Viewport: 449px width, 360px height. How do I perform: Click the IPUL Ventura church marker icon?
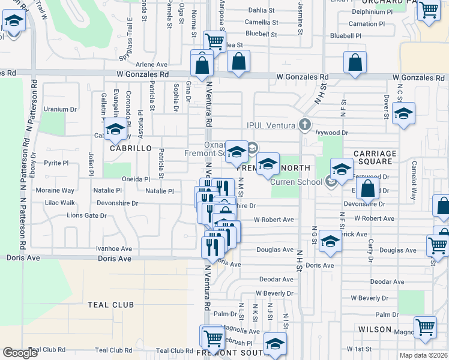[x=305, y=125]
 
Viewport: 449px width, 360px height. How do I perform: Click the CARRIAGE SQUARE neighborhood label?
[x=375, y=158]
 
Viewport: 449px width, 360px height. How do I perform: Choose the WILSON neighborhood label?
[x=375, y=329]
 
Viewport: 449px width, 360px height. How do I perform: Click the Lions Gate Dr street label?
[x=86, y=215]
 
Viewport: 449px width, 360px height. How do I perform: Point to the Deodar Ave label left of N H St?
[x=276, y=280]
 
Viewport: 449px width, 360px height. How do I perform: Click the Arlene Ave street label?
[x=151, y=64]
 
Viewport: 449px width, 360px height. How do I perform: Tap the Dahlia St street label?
[x=261, y=10]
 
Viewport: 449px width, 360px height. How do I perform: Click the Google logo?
[x=20, y=353]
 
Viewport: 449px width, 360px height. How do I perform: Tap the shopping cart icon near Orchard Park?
[x=429, y=10]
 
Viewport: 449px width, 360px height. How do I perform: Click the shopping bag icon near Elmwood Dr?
[x=367, y=189]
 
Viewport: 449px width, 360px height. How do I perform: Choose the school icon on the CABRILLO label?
[x=114, y=130]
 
